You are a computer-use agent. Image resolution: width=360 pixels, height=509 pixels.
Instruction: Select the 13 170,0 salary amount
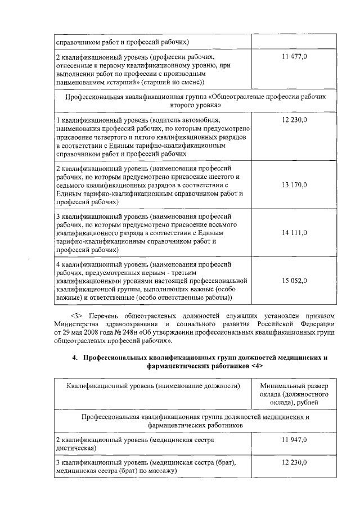[x=293, y=184]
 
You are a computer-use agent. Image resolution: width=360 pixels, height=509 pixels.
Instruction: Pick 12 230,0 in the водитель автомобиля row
[x=293, y=120]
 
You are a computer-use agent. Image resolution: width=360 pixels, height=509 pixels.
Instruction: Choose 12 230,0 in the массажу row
[x=293, y=462]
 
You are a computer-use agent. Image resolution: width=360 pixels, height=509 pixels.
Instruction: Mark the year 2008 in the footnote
[x=84, y=332]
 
